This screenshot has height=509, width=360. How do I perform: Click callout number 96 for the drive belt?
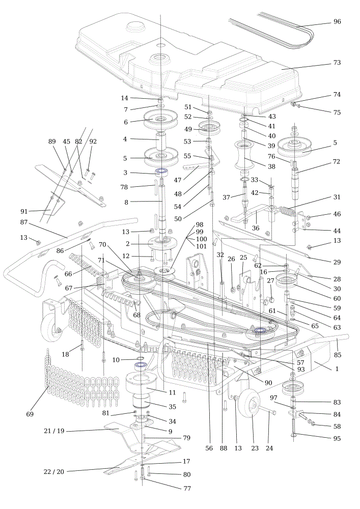point(337,21)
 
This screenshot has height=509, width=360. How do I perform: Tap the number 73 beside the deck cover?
point(337,62)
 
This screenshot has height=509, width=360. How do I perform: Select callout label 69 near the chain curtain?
point(30,414)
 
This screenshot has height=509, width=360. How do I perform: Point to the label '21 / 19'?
point(54,431)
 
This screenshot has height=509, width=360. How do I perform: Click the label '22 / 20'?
point(54,472)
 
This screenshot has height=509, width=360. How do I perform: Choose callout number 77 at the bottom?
point(187,488)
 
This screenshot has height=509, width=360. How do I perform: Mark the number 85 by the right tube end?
point(338,355)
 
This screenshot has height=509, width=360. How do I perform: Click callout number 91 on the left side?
point(24,211)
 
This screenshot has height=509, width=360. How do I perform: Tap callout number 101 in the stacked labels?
point(201,246)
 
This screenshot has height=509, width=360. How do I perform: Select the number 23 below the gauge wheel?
point(255,448)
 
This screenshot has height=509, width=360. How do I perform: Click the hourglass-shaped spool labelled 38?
point(244,155)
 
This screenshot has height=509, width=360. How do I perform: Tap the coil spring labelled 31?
point(288,211)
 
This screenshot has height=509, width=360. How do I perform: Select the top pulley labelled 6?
point(160,120)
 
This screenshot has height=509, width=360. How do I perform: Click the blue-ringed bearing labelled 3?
point(161,172)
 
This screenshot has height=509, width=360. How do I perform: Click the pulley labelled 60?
point(286,281)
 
